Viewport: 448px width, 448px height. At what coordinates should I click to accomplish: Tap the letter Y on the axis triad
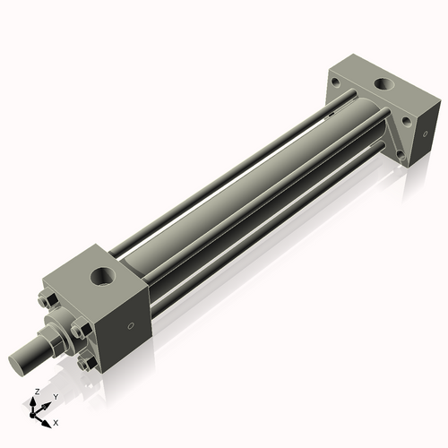(56, 396)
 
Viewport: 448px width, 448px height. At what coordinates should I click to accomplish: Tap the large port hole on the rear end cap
(384, 86)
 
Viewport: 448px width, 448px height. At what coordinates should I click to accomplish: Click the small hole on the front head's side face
(133, 324)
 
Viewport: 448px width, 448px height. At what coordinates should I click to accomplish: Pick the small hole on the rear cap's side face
(417, 136)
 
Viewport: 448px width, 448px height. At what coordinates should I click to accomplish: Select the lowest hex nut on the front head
(86, 365)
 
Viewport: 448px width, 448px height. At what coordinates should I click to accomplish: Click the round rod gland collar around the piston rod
(59, 332)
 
